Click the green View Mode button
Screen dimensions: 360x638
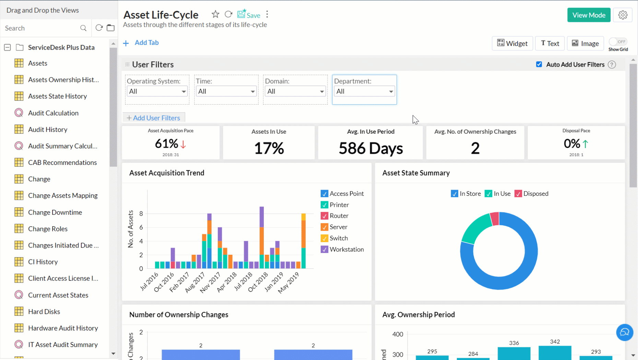click(x=589, y=15)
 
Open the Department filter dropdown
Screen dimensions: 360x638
click(x=364, y=91)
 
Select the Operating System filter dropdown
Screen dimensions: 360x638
click(x=157, y=91)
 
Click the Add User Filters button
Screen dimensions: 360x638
click(x=154, y=118)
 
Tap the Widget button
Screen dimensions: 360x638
click(x=512, y=43)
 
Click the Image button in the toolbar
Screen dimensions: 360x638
click(x=585, y=43)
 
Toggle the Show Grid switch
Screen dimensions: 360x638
click(x=618, y=42)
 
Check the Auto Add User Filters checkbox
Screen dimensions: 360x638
click(x=539, y=64)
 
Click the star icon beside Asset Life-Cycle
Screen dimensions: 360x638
click(x=215, y=14)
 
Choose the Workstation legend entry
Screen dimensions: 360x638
click(x=346, y=249)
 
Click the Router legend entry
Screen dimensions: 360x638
click(x=339, y=216)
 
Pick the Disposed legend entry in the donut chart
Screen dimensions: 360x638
click(x=535, y=194)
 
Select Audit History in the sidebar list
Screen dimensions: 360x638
click(x=48, y=129)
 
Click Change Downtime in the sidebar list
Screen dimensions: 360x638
click(x=55, y=212)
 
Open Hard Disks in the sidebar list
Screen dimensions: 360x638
click(x=44, y=311)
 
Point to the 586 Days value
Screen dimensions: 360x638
click(x=370, y=148)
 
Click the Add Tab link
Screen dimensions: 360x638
click(x=146, y=43)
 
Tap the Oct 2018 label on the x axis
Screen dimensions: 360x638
click(x=258, y=282)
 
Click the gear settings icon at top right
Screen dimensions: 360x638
click(x=623, y=15)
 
